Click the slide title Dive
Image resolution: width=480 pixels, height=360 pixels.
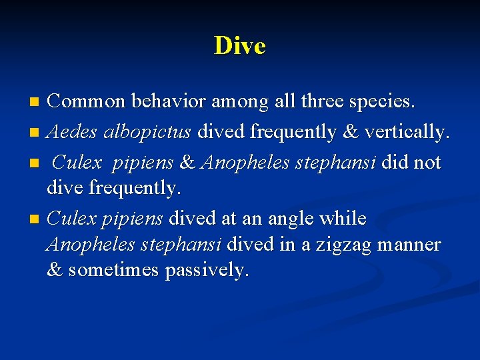[x=240, y=46]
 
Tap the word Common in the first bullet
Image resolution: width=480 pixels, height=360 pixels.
[x=85, y=102]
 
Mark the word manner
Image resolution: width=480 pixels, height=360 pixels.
[x=409, y=245]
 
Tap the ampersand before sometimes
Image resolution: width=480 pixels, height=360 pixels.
[x=54, y=270]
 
